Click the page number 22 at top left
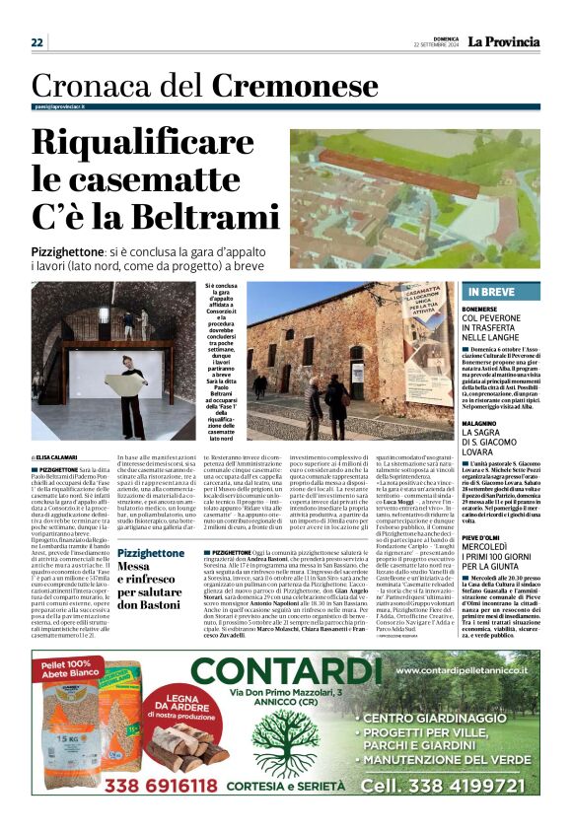(37, 41)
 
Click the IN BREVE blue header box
(500, 292)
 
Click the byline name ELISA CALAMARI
(61, 457)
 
